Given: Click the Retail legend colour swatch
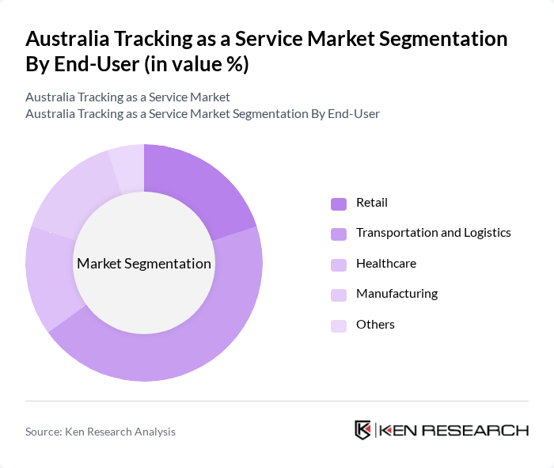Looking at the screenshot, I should pos(339,204).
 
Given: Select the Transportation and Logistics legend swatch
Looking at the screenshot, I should pos(339,234).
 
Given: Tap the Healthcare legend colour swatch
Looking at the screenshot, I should pos(339,264).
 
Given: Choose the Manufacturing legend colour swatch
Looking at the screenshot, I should pos(339,295).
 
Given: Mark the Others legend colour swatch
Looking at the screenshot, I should pos(339,325).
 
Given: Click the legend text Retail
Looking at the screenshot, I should pos(372,203).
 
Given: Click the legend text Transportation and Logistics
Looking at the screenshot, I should pos(433,233).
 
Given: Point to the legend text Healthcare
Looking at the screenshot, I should pos(385,264).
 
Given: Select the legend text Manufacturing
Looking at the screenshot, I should pos(397,294).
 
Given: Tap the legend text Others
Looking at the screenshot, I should pos(375,325).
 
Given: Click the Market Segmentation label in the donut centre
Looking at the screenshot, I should pos(144,264).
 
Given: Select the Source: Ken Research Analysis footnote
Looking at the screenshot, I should pos(101,432).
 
